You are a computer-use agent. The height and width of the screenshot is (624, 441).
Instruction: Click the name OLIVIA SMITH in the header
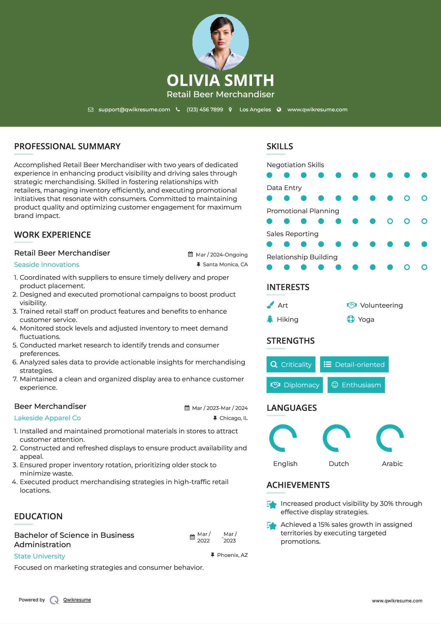click(220, 80)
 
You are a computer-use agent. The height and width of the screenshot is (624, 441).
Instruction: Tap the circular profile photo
click(220, 42)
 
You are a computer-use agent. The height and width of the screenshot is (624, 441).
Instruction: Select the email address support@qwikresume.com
click(134, 109)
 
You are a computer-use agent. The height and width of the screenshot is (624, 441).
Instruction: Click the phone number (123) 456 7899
click(205, 109)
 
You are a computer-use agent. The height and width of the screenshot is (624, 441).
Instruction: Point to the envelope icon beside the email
click(91, 109)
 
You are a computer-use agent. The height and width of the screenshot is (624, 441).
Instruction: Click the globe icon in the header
click(279, 109)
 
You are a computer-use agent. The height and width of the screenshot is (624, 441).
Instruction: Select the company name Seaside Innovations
click(47, 265)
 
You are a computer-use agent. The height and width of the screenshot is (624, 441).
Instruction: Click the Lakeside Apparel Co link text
click(47, 418)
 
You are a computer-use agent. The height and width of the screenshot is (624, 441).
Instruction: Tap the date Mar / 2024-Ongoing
click(222, 255)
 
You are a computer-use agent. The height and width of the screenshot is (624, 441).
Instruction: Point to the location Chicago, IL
click(234, 418)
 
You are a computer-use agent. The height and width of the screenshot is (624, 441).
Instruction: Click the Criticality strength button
click(291, 364)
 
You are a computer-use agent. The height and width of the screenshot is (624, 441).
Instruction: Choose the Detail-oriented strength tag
click(354, 364)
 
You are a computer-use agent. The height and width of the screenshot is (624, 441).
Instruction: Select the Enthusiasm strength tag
click(356, 385)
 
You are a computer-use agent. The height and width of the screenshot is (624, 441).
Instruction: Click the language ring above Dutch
click(337, 438)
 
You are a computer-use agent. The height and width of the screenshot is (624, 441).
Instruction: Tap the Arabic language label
click(392, 463)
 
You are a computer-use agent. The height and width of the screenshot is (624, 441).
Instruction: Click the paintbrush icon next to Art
click(270, 305)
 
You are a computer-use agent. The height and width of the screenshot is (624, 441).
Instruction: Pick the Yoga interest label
click(366, 320)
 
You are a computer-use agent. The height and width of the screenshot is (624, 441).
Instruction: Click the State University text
click(39, 556)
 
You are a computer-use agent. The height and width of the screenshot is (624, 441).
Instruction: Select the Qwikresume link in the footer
click(77, 600)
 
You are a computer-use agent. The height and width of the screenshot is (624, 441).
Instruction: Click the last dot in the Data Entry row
click(424, 198)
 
